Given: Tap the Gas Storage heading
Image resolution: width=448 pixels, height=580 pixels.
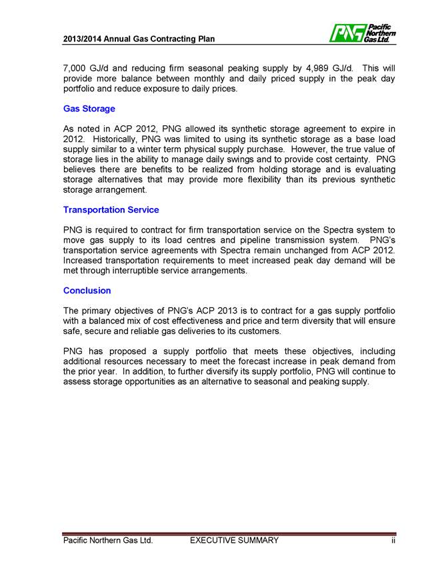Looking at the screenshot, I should pos(89,109).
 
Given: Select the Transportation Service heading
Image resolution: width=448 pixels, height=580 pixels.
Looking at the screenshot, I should pos(111,210).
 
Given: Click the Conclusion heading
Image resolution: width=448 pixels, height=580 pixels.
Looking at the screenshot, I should pos(87,291).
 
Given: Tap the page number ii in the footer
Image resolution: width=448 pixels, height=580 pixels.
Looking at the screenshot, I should pos(393,541).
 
